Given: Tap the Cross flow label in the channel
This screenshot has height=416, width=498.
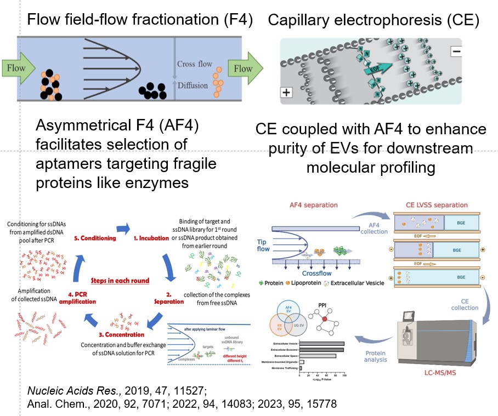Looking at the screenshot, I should pos(195,64).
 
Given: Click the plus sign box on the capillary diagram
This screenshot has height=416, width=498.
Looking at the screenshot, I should pos(286,92).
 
